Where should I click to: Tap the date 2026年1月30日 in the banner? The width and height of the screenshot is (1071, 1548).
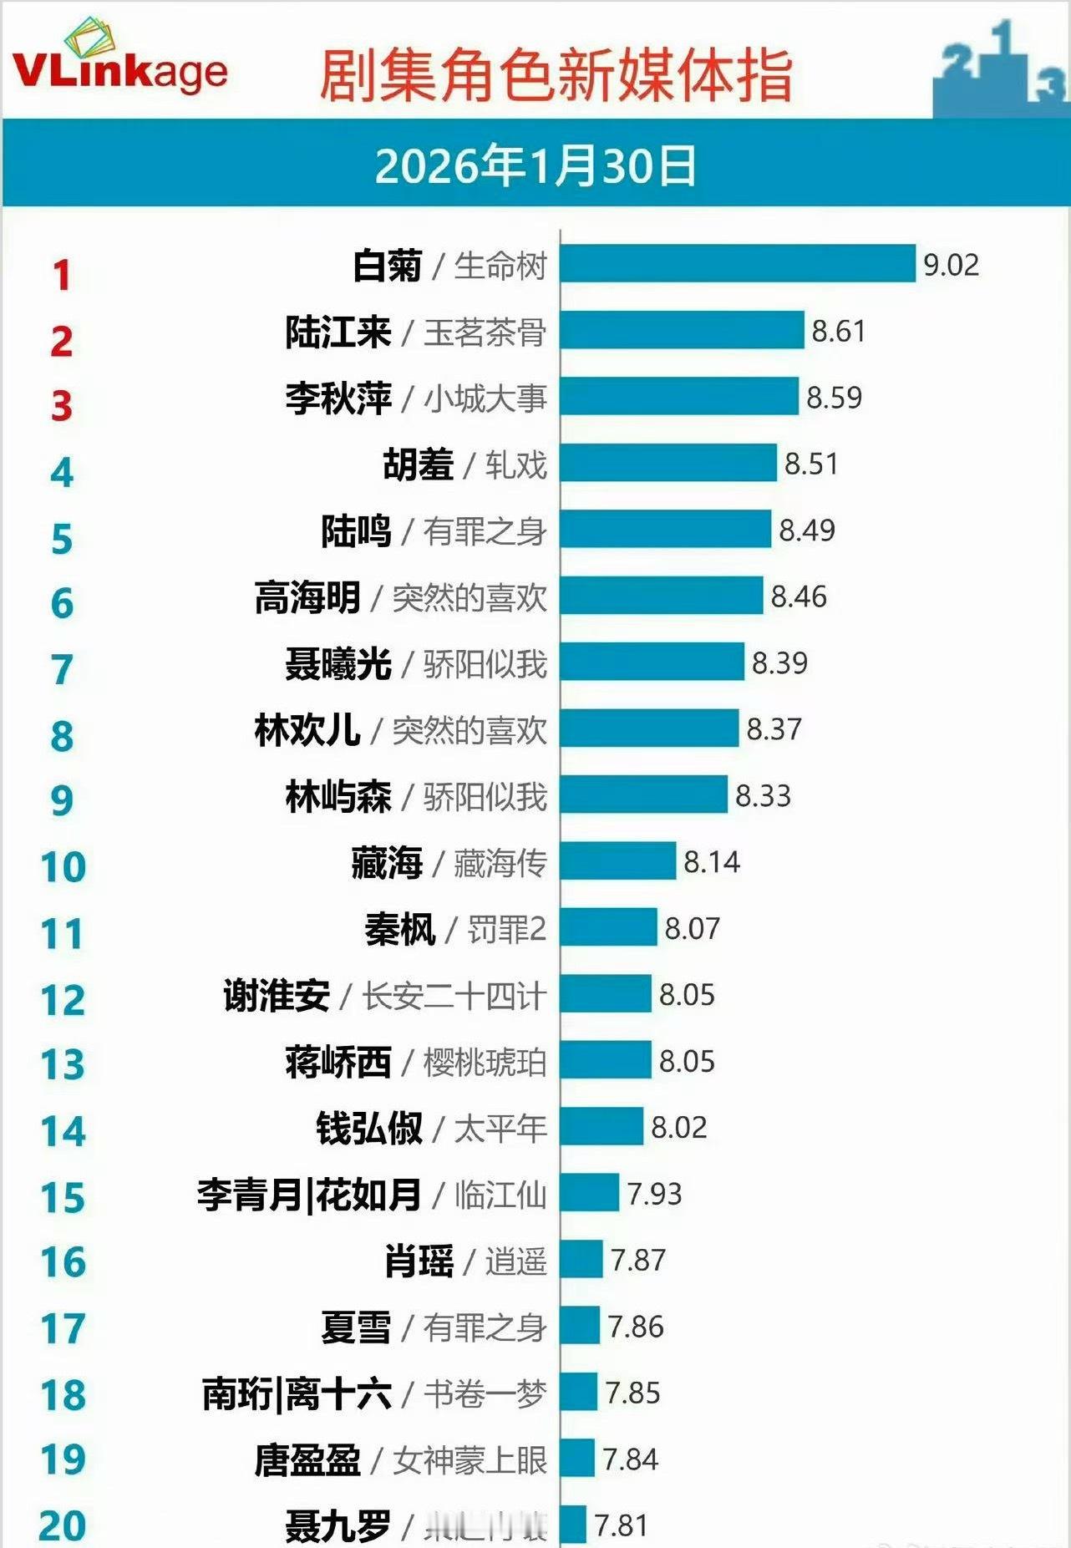pyautogui.click(x=535, y=165)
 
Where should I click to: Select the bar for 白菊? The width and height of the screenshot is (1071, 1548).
pyautogui.click(x=738, y=264)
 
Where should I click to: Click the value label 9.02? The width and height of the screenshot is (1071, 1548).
pyautogui.click(x=951, y=265)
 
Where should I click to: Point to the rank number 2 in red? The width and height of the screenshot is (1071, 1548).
pyautogui.click(x=61, y=341)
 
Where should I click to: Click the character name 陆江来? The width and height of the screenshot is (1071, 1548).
pyautogui.click(x=338, y=332)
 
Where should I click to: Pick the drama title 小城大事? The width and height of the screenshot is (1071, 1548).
pyautogui.click(x=485, y=398)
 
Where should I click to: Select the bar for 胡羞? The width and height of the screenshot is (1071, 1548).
pyautogui.click(x=668, y=463)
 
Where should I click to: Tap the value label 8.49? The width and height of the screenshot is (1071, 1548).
pyautogui.click(x=806, y=530)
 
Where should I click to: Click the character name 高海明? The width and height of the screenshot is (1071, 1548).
pyautogui.click(x=307, y=597)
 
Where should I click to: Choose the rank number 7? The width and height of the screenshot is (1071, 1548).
pyautogui.click(x=62, y=669)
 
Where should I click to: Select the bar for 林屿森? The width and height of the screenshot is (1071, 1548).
pyautogui.click(x=643, y=794)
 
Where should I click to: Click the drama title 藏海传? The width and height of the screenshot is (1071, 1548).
pyautogui.click(x=500, y=862)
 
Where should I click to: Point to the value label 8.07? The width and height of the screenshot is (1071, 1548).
pyautogui.click(x=692, y=928)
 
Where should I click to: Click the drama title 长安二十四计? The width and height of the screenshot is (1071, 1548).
pyautogui.click(x=454, y=996)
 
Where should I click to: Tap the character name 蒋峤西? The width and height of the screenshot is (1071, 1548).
pyautogui.click(x=338, y=1062)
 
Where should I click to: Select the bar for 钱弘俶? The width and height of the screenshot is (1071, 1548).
pyautogui.click(x=601, y=1127)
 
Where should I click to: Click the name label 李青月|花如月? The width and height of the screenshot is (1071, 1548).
pyautogui.click(x=309, y=1195)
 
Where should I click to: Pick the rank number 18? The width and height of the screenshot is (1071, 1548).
pyautogui.click(x=63, y=1394)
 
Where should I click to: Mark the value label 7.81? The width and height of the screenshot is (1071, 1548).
pyautogui.click(x=621, y=1525)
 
